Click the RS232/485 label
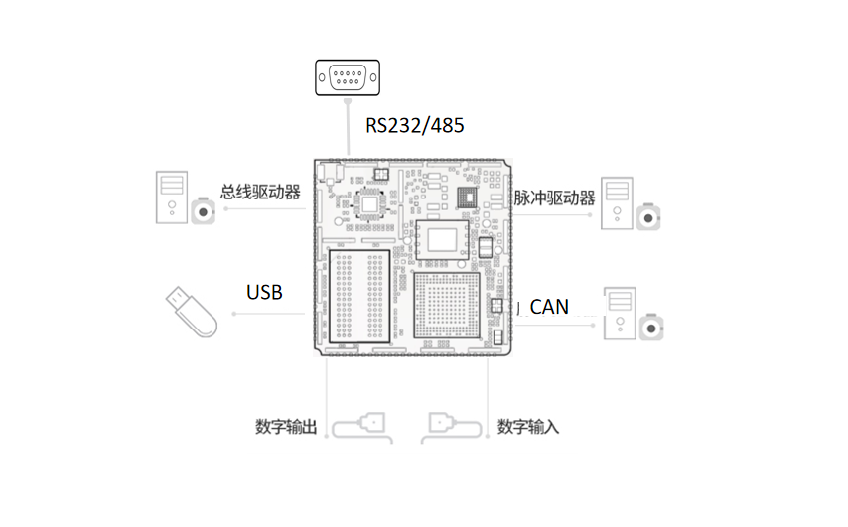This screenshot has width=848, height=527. click(x=414, y=126)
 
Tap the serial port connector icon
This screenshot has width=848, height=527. click(x=347, y=76)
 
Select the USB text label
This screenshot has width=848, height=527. click(x=264, y=292)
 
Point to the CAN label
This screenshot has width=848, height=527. click(x=549, y=307)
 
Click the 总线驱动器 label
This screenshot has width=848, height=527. click(x=260, y=192)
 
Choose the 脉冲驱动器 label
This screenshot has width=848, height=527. click(x=554, y=198)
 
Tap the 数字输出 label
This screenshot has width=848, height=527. click(x=286, y=427)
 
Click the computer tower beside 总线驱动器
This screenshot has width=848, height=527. click(x=171, y=198)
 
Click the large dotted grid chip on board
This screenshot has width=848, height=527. click(x=445, y=306)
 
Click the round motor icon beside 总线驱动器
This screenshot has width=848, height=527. click(x=205, y=213)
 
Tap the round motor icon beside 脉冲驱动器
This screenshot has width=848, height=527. click(x=650, y=217)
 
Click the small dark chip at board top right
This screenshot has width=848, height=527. click(x=466, y=198)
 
